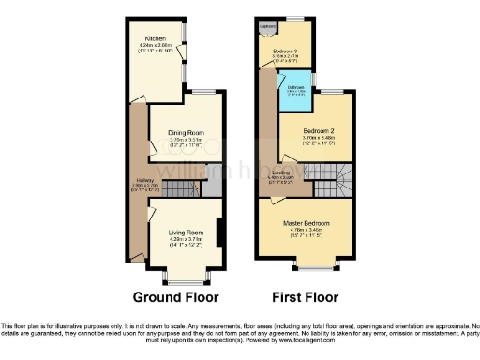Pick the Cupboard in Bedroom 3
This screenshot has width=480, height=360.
[267, 28]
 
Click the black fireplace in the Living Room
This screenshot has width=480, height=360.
[218, 232]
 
